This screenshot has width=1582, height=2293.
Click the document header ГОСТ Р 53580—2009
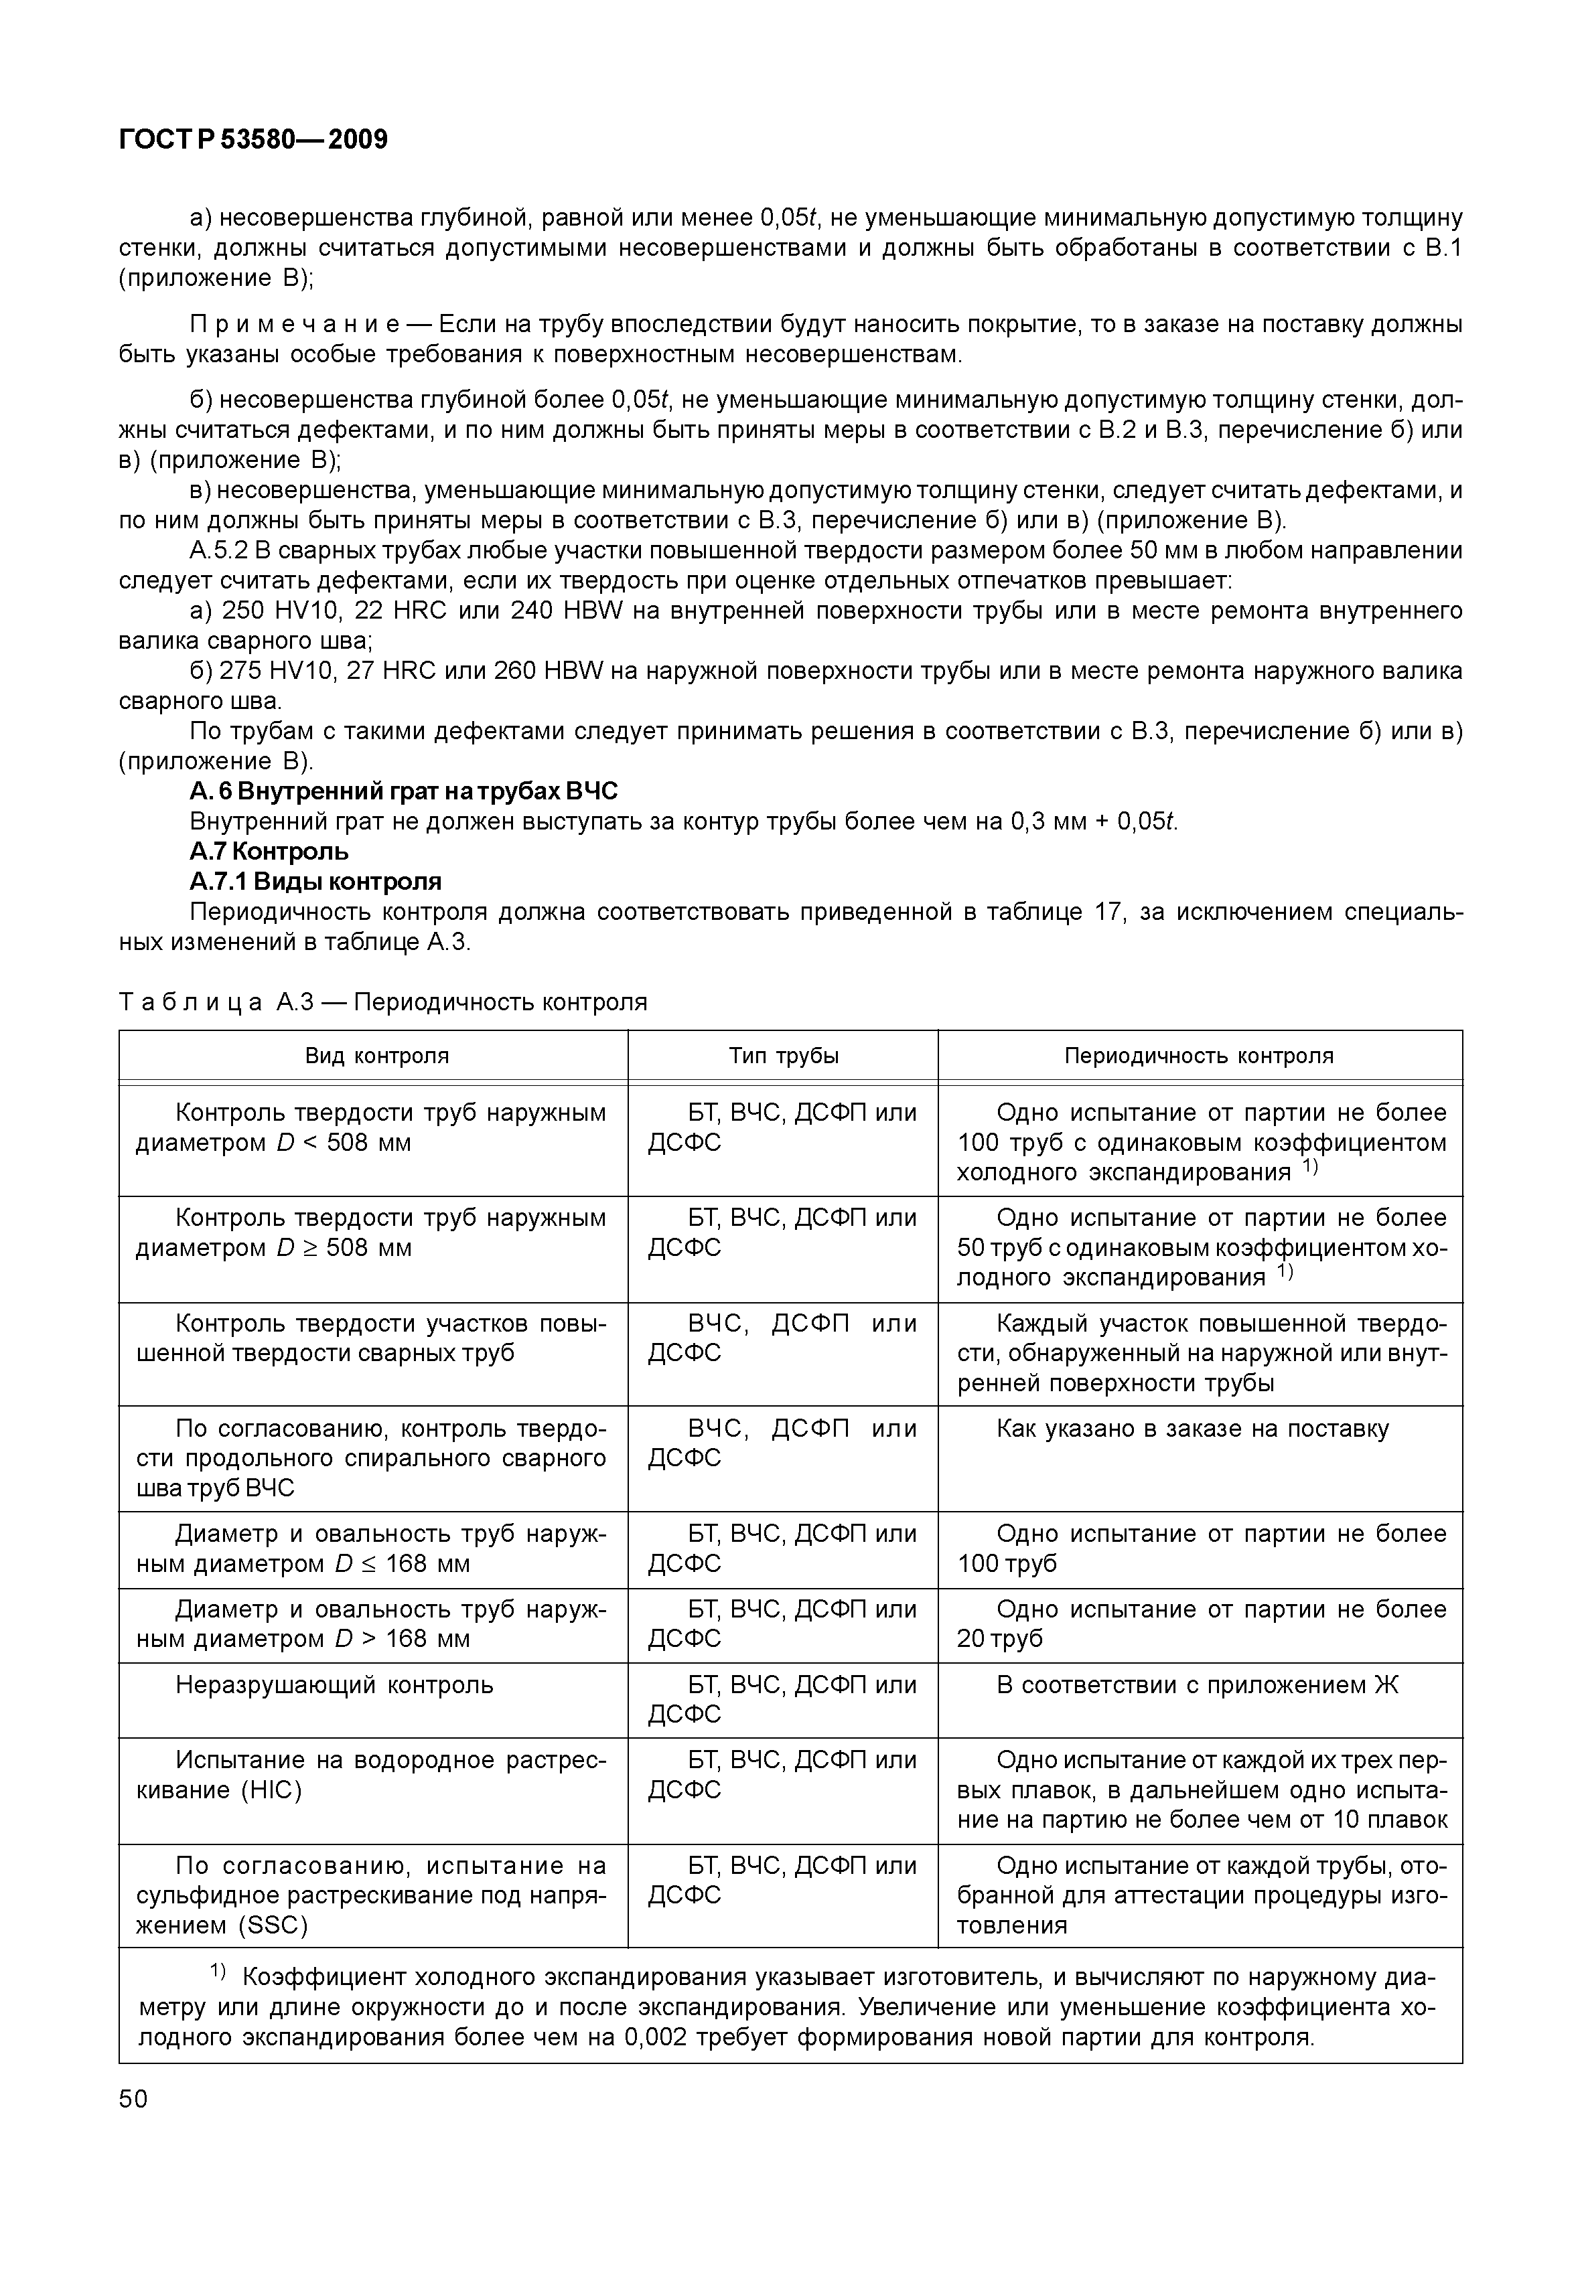click(x=253, y=140)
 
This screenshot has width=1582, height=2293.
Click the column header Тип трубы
click(x=783, y=1055)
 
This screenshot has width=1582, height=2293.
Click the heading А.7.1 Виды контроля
click(x=315, y=881)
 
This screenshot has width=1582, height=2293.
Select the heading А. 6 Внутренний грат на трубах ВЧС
click(x=403, y=791)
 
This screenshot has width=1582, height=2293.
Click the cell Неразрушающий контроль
click(x=334, y=1684)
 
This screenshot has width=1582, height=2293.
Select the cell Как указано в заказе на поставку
click(x=1192, y=1428)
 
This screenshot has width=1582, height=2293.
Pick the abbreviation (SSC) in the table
click(x=273, y=1925)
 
